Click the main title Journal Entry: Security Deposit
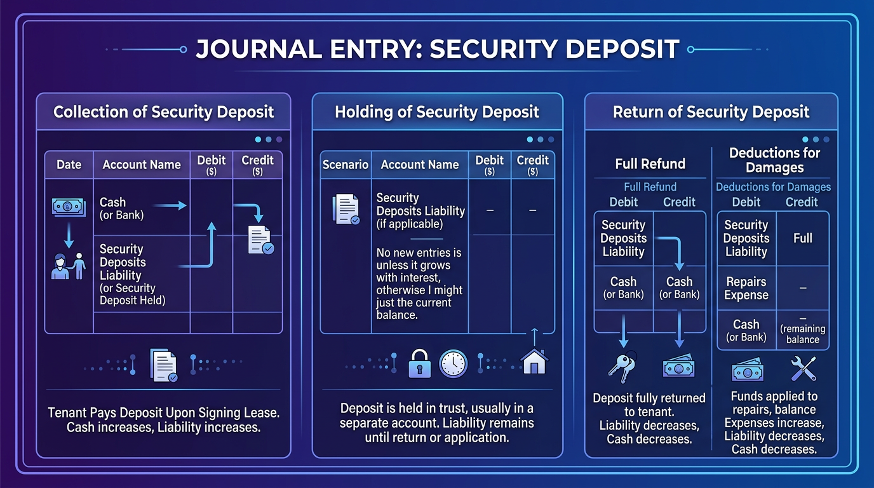[437, 50]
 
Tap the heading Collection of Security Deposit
[163, 112]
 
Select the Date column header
[69, 165]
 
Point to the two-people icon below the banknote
[68, 266]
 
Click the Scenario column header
[346, 165]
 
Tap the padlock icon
[420, 364]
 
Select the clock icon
[453, 364]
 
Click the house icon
[534, 363]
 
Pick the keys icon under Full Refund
[622, 367]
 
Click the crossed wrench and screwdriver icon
[802, 369]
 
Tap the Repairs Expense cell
[746, 288]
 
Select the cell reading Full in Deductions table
[802, 238]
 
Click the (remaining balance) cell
[802, 331]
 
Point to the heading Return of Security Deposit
[711, 112]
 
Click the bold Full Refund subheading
[650, 164]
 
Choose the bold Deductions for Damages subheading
[774, 160]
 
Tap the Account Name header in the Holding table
[419, 165]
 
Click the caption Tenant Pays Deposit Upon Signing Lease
[163, 413]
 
